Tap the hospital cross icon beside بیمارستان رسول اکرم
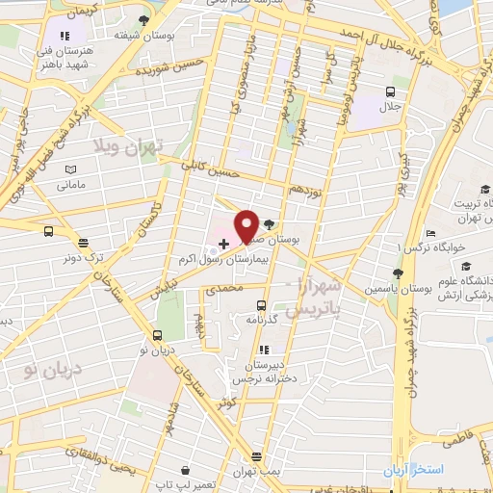[x=224, y=245]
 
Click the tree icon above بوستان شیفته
[x=143, y=19]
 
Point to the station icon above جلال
[x=390, y=91]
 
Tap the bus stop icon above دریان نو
[x=157, y=335]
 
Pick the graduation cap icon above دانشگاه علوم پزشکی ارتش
[x=466, y=267]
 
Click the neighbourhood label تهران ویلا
[x=129, y=145]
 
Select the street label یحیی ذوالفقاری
[x=109, y=464]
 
